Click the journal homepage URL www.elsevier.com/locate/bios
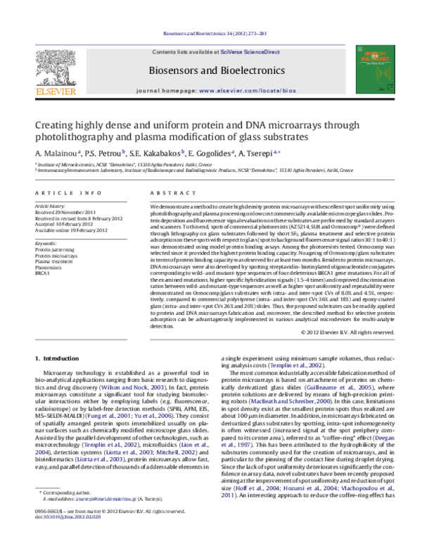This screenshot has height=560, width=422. pos(245,92)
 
